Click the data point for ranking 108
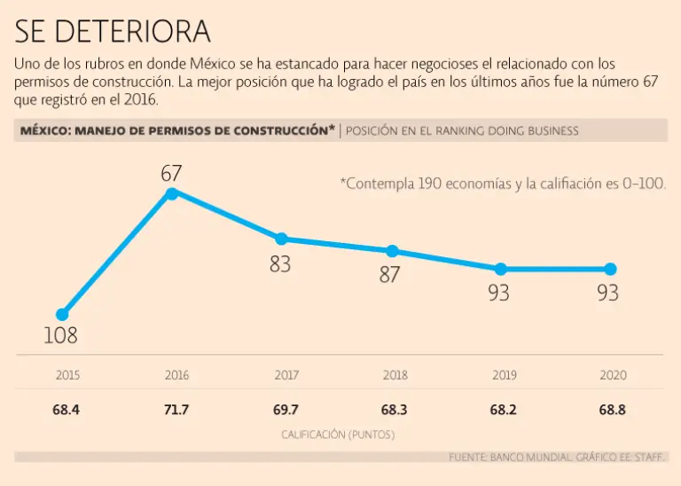click(x=62, y=315)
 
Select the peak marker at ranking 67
click(x=172, y=192)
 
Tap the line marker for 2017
click(x=281, y=239)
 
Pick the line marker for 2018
click(x=392, y=251)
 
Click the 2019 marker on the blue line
click(x=500, y=269)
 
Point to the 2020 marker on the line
click(x=610, y=269)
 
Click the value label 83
click(x=280, y=263)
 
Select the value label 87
click(x=390, y=275)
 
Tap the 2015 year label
click(x=67, y=375)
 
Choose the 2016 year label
click(x=176, y=375)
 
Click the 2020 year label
click(x=613, y=375)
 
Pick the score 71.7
click(x=176, y=411)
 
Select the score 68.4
click(x=67, y=411)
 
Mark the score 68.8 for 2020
click(x=613, y=411)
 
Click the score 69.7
click(x=286, y=411)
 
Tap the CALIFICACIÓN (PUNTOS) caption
click(x=338, y=435)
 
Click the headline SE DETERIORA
click(x=113, y=32)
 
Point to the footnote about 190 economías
click(x=503, y=184)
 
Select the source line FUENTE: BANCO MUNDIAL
click(x=557, y=457)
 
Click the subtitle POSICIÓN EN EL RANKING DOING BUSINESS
click(x=462, y=130)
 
